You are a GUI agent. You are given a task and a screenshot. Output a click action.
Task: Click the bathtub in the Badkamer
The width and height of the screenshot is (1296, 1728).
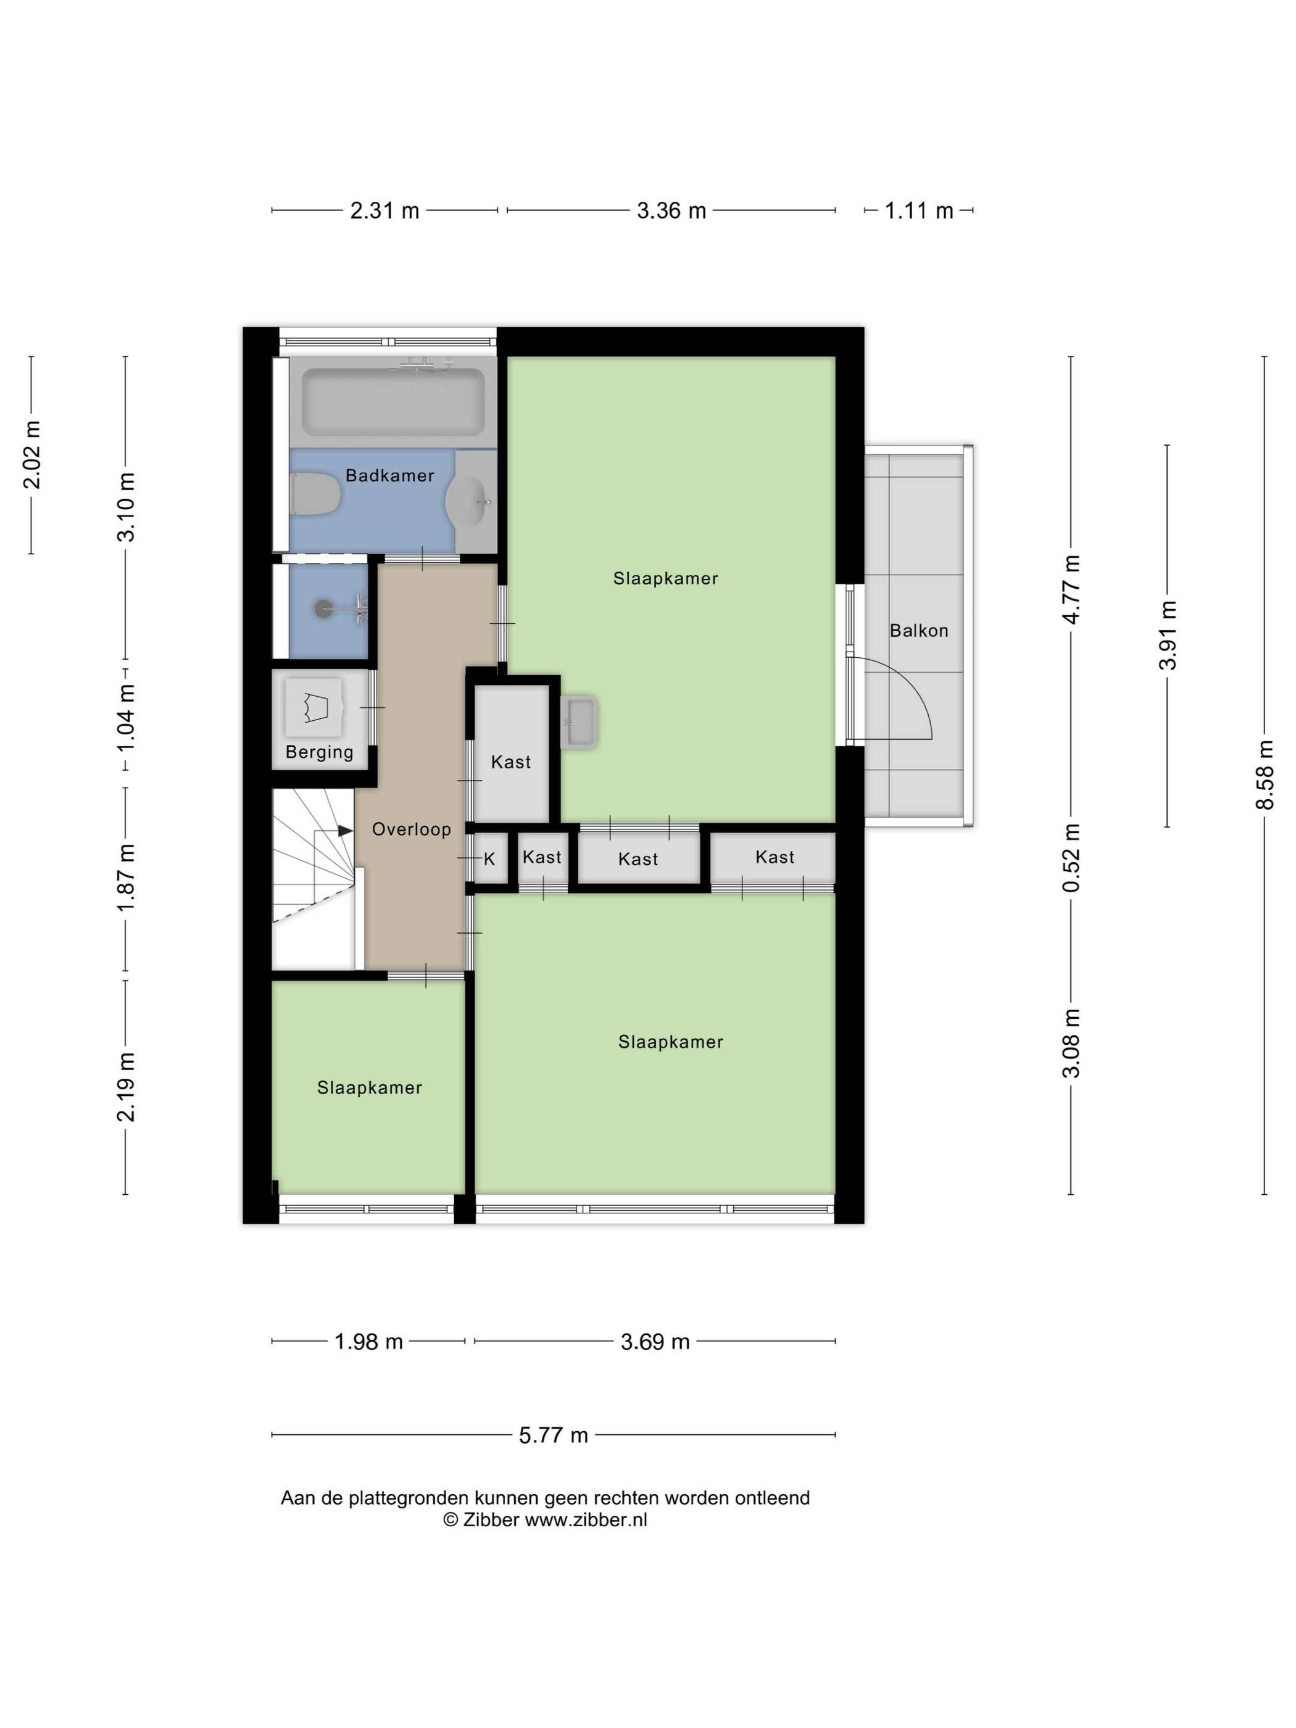393,402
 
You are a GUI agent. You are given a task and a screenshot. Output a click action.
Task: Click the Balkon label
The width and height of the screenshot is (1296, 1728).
919,631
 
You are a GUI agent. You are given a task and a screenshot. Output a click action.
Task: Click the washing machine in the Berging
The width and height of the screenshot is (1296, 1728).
314,707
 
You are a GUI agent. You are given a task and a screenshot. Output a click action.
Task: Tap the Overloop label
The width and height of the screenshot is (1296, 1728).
411,829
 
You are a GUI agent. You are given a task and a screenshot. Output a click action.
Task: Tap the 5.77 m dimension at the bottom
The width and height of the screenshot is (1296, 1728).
553,1435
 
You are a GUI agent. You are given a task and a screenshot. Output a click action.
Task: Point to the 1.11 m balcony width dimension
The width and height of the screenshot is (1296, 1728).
919,211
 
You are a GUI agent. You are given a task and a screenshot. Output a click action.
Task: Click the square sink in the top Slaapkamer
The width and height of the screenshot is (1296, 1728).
579,722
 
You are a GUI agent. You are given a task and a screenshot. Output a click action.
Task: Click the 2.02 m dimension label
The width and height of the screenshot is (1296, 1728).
31,455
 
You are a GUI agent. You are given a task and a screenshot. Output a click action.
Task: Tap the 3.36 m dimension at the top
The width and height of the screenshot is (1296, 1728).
671,211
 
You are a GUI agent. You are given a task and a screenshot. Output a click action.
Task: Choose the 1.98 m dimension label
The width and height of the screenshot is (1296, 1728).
368,1341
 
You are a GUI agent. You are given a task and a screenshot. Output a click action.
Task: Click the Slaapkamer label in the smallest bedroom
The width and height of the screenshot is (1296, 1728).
370,1087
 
